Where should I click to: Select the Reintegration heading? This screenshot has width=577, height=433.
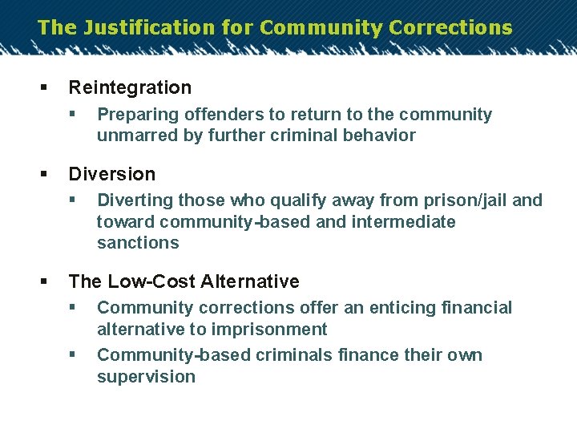pos(130,87)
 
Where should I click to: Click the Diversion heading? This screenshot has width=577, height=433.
pos(112,174)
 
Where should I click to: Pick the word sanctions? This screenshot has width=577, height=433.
pos(138,242)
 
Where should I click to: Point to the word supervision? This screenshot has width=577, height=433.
pos(146,376)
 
